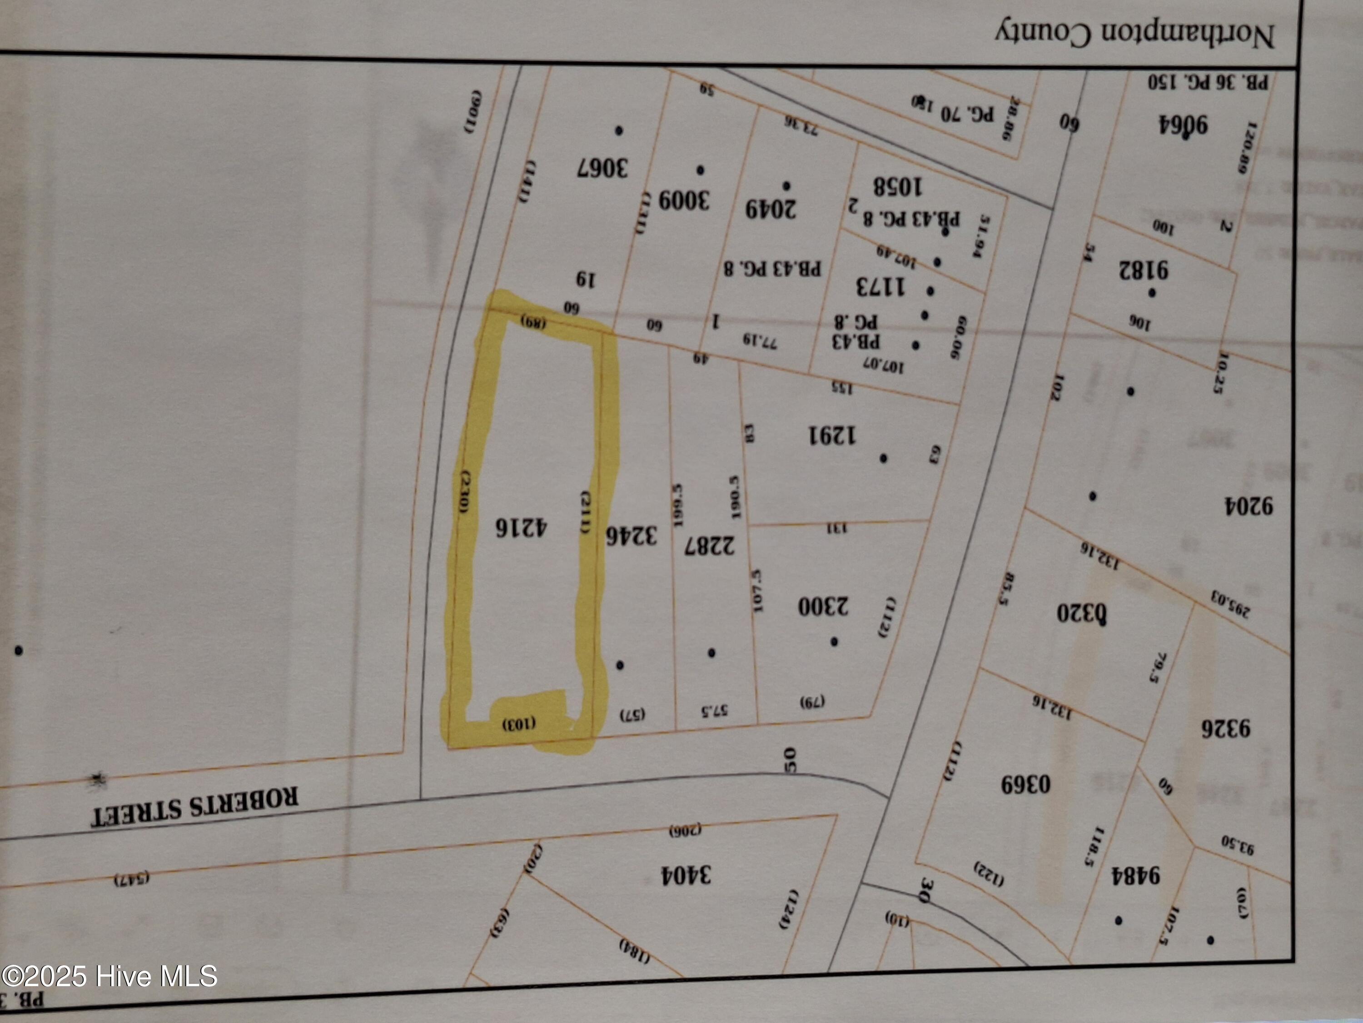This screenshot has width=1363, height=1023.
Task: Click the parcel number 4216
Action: pos(521,527)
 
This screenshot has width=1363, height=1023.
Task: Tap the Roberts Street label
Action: pos(195,807)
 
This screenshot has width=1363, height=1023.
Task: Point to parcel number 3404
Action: pos(686,874)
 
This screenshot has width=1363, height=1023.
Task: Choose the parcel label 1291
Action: pos(832,436)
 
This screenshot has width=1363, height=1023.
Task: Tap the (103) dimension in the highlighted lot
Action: pos(519,723)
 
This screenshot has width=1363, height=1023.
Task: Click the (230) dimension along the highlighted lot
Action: pos(466,491)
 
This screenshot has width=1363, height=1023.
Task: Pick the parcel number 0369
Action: pos(1025,785)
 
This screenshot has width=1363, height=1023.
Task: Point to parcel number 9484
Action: pos(1136,876)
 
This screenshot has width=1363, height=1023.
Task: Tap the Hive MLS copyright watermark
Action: pos(109,976)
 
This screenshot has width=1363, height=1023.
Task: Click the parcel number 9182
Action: pos(1144,270)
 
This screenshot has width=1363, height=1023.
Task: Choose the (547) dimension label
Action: pos(132,879)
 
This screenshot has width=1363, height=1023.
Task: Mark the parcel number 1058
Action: pos(897,186)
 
